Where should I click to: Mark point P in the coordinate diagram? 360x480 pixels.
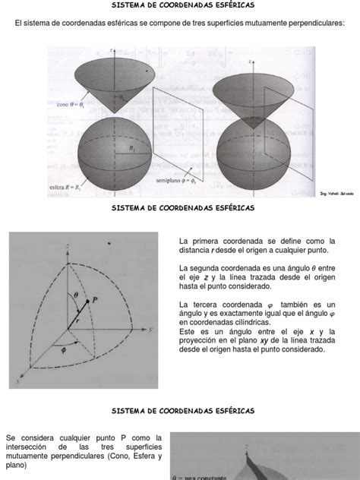(x=96, y=300)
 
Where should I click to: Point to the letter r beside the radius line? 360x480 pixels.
(x=77, y=321)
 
